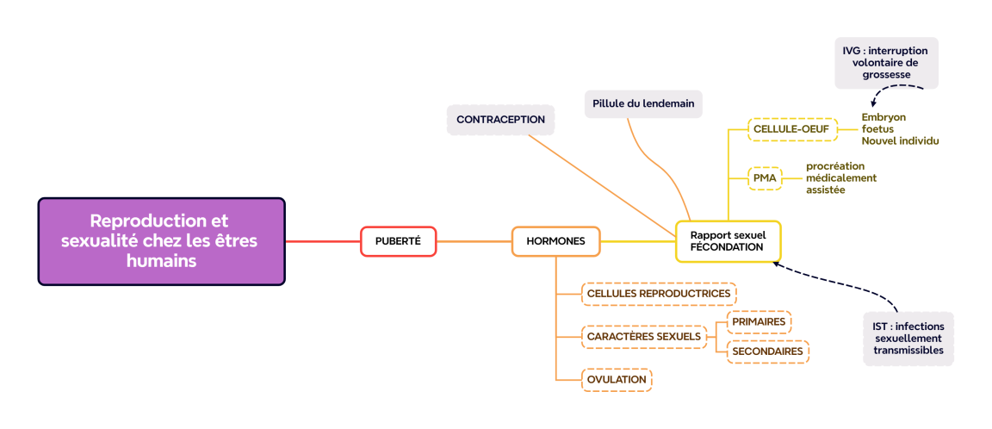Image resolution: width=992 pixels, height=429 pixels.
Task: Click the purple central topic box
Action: (x=161, y=241)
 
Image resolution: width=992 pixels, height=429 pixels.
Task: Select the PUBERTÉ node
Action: (x=398, y=241)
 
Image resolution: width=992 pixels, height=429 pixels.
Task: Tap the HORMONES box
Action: (x=555, y=241)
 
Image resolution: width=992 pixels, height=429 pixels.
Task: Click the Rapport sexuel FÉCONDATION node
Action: (x=728, y=240)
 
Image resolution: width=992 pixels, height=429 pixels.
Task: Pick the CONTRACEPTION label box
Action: (x=500, y=120)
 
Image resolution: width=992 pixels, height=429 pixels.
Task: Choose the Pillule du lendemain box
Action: (x=643, y=103)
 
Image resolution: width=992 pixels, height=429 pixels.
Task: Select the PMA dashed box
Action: (x=765, y=178)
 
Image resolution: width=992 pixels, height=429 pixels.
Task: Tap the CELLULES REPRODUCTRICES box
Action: (x=659, y=294)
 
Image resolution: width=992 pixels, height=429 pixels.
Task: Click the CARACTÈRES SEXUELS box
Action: (x=644, y=336)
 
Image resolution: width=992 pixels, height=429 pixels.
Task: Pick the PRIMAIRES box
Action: (x=759, y=322)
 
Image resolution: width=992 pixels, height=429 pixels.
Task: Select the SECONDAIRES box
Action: (x=767, y=351)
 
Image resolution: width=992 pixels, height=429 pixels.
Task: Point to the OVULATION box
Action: (x=617, y=379)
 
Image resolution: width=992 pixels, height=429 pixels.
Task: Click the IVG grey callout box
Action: (x=886, y=63)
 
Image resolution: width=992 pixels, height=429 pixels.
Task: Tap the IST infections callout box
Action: (x=908, y=339)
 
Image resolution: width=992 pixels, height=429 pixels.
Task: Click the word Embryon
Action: (x=883, y=117)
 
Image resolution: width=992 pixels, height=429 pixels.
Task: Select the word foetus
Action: (x=877, y=129)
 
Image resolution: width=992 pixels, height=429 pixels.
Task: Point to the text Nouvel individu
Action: (x=900, y=141)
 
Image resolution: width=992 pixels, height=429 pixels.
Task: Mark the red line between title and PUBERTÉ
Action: (x=322, y=241)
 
